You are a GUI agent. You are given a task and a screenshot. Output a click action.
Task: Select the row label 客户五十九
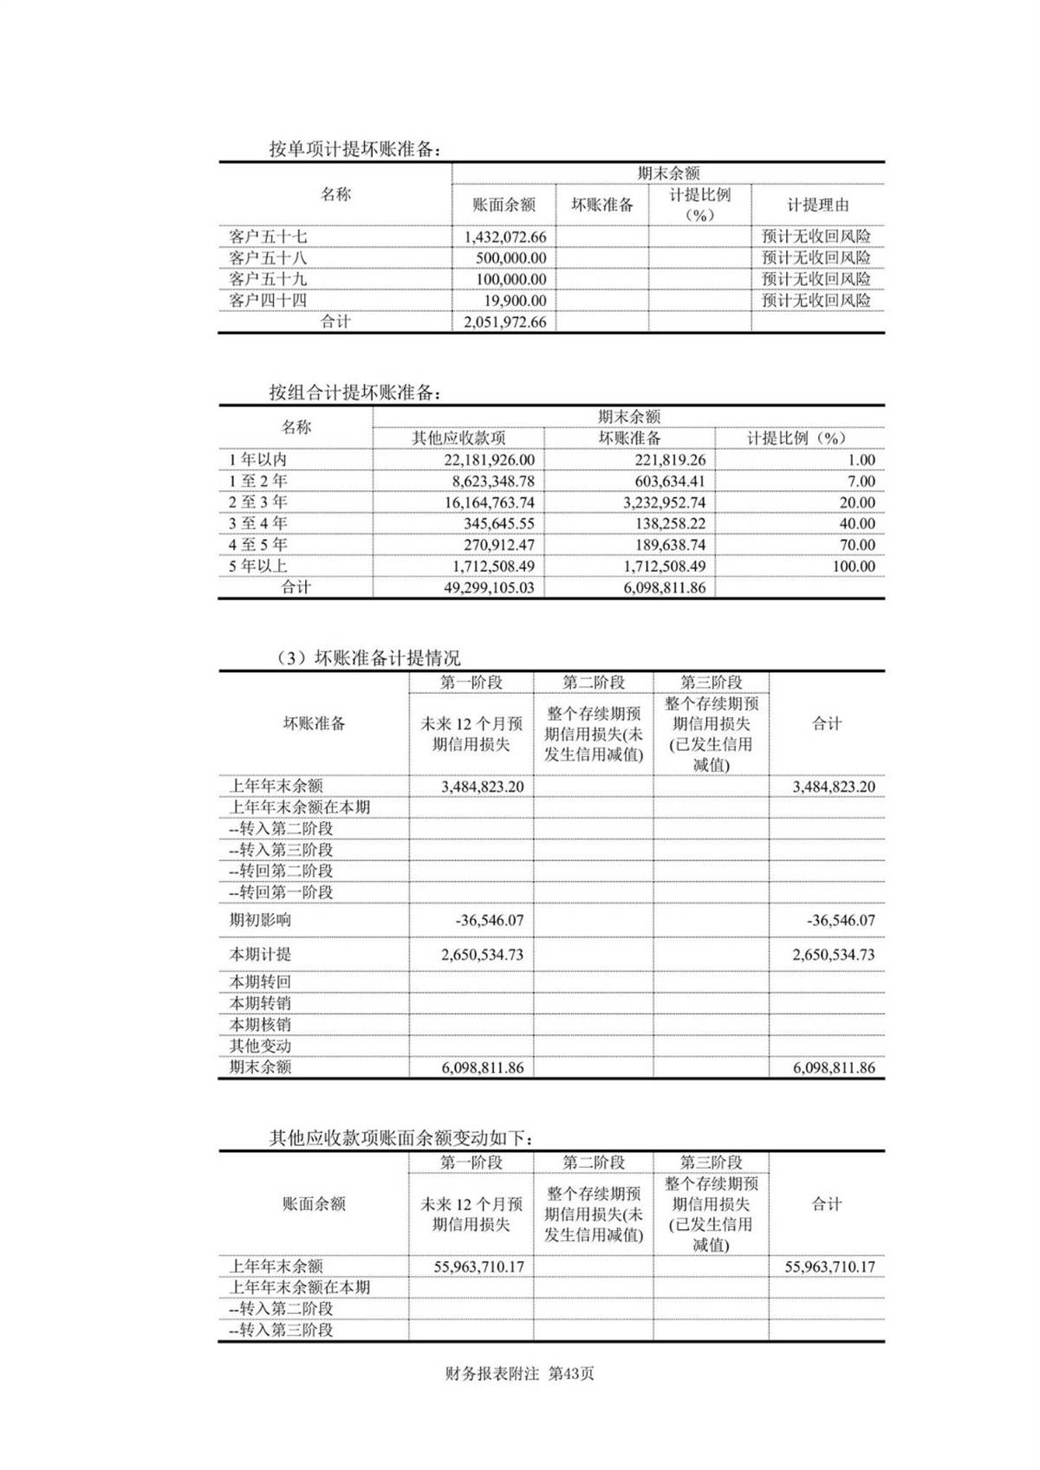pyautogui.click(x=268, y=279)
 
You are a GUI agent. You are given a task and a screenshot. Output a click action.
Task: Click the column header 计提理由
pyautogui.click(x=817, y=205)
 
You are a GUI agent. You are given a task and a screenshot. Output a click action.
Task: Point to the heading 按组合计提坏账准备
pyautogui.click(x=354, y=392)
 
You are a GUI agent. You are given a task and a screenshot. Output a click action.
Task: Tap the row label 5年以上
pyautogui.click(x=258, y=566)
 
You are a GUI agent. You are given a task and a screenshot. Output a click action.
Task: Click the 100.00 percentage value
pyautogui.click(x=854, y=566)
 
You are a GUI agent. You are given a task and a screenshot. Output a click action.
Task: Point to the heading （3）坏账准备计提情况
pyautogui.click(x=367, y=658)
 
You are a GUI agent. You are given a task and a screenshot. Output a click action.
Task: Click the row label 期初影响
pyautogui.click(x=260, y=920)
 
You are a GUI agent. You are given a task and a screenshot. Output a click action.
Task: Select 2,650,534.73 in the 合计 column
pyautogui.click(x=833, y=955)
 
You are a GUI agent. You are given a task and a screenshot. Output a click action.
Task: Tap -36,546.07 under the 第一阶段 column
pyautogui.click(x=490, y=920)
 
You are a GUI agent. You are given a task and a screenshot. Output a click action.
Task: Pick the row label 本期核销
pyautogui.click(x=260, y=1025)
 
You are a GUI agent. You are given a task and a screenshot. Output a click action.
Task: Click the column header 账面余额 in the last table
pyautogui.click(x=314, y=1203)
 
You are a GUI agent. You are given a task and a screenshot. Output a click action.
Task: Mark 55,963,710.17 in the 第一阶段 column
pyautogui.click(x=478, y=1266)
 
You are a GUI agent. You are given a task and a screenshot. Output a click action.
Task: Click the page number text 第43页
pyautogui.click(x=572, y=1374)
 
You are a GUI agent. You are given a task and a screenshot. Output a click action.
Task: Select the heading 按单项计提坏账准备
pyautogui.click(x=354, y=149)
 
